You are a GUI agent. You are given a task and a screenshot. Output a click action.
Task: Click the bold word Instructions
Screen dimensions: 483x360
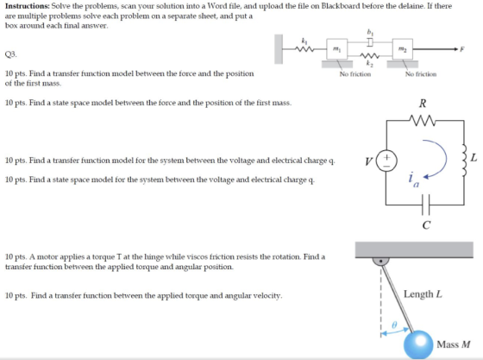28,6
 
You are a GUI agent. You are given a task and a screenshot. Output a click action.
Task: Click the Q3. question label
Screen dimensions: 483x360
10,54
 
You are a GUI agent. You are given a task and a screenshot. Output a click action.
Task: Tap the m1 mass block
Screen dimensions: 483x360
337,48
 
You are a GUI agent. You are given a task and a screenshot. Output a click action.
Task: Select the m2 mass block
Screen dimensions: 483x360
403,48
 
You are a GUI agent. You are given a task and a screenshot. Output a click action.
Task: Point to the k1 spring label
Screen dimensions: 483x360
304,41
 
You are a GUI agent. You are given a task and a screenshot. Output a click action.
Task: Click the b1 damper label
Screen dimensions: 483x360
370,32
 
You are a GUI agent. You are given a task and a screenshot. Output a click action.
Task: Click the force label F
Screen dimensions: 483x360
462,49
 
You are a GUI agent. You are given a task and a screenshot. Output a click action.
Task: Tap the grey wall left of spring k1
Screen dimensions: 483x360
279,49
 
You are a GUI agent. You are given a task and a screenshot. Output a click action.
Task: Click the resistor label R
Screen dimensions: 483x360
423,104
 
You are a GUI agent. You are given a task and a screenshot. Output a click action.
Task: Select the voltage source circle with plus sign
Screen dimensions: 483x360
386,161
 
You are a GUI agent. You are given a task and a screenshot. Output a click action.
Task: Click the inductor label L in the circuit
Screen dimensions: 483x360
474,158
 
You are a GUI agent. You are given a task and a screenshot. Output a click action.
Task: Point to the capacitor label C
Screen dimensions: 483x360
426,225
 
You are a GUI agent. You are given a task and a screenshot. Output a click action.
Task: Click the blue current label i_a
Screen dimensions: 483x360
414,180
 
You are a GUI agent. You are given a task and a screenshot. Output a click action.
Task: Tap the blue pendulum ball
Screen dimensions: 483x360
418,344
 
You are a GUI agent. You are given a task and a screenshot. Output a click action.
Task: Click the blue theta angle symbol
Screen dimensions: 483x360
394,325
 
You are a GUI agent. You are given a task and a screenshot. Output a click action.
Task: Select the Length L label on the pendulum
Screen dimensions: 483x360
423,294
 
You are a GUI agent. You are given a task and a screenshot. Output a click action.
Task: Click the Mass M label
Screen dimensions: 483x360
454,344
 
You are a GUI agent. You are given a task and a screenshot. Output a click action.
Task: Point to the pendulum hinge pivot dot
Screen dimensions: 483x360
381,261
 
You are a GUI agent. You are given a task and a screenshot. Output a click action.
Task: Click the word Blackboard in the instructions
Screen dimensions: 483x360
341,6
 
